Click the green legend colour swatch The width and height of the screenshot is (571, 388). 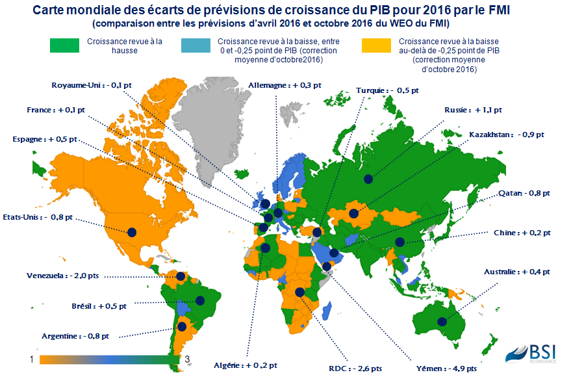coord(66,45)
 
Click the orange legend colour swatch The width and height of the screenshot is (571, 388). coord(375,45)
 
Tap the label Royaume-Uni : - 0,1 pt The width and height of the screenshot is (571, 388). coord(88,84)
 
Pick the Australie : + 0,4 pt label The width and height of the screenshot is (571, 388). coord(517,272)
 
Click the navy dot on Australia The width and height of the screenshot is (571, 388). coord(442,321)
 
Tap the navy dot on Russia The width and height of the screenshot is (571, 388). coord(368,179)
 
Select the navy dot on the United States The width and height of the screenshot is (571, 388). coord(131,232)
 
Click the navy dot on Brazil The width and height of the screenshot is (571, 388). coord(200,300)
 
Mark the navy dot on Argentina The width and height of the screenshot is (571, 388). coord(183,327)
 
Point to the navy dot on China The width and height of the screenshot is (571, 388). coord(400,242)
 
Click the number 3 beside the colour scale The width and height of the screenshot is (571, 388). coord(187,359)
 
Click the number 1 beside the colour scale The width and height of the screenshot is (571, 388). coord(31,359)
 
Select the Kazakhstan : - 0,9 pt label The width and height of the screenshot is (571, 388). coord(506,135)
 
